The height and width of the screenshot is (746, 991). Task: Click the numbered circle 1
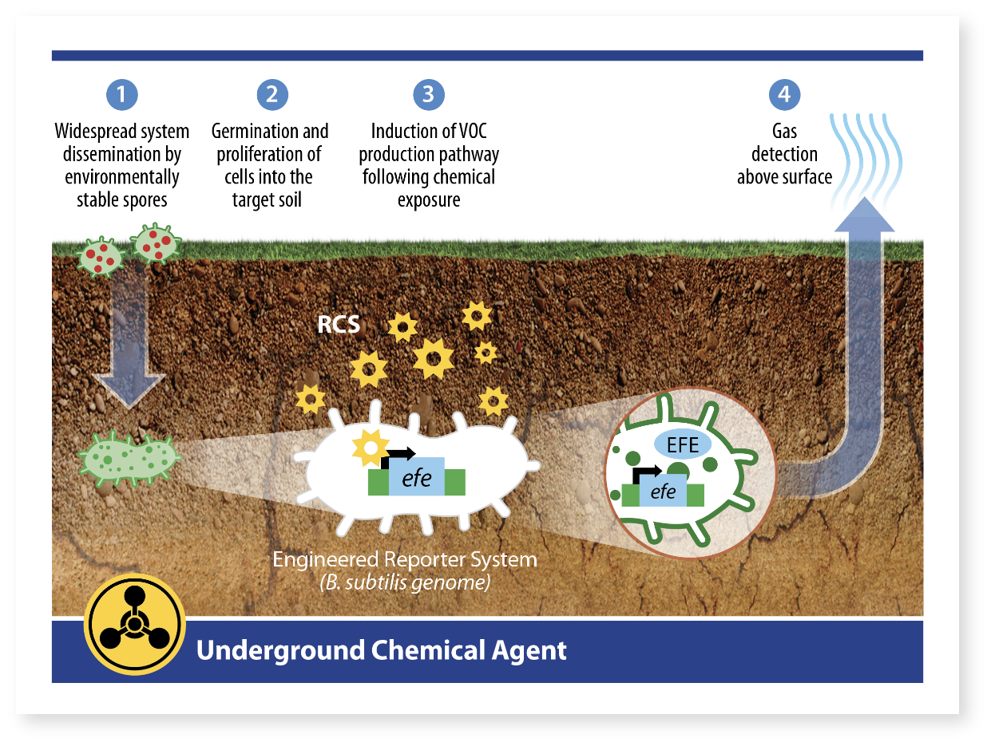click(x=121, y=95)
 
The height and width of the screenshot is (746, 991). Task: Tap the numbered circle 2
click(x=272, y=95)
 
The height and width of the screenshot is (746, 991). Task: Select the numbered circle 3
click(x=429, y=95)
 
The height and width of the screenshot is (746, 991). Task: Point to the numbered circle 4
click(x=784, y=95)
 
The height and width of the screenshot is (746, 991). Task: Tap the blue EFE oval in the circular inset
click(x=683, y=444)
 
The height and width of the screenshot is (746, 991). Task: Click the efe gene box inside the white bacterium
click(x=417, y=478)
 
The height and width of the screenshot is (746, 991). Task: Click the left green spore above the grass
click(x=101, y=258)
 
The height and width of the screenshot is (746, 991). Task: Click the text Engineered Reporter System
click(x=405, y=559)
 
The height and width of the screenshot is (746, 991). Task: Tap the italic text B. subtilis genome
click(x=405, y=582)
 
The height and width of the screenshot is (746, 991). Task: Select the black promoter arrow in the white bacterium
click(x=398, y=456)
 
